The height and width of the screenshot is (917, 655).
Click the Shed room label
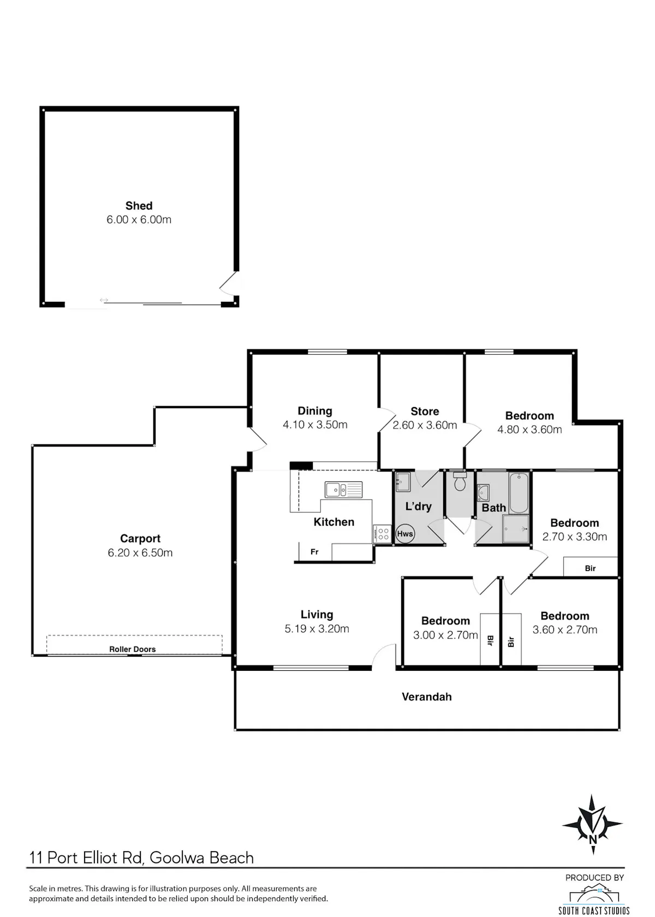click(139, 205)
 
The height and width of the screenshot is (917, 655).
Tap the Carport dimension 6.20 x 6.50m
click(140, 552)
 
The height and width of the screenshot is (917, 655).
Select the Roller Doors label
click(132, 649)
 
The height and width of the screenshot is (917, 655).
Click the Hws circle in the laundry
click(405, 533)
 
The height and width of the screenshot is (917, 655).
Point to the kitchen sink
click(343, 490)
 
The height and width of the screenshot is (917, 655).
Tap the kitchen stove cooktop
click(382, 534)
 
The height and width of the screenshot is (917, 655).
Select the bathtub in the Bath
click(519, 493)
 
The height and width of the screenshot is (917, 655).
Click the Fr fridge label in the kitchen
click(314, 552)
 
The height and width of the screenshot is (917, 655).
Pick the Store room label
click(425, 411)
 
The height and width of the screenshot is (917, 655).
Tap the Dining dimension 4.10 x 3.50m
click(315, 425)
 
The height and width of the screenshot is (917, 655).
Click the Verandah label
click(427, 696)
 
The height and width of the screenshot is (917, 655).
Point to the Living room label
click(317, 615)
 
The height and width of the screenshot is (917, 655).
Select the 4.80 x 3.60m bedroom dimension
click(529, 430)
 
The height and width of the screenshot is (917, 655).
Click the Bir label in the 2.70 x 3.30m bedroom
click(591, 568)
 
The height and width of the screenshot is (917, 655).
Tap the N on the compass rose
click(593, 839)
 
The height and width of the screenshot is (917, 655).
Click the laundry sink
click(403, 482)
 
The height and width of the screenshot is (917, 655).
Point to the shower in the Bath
click(516, 529)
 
